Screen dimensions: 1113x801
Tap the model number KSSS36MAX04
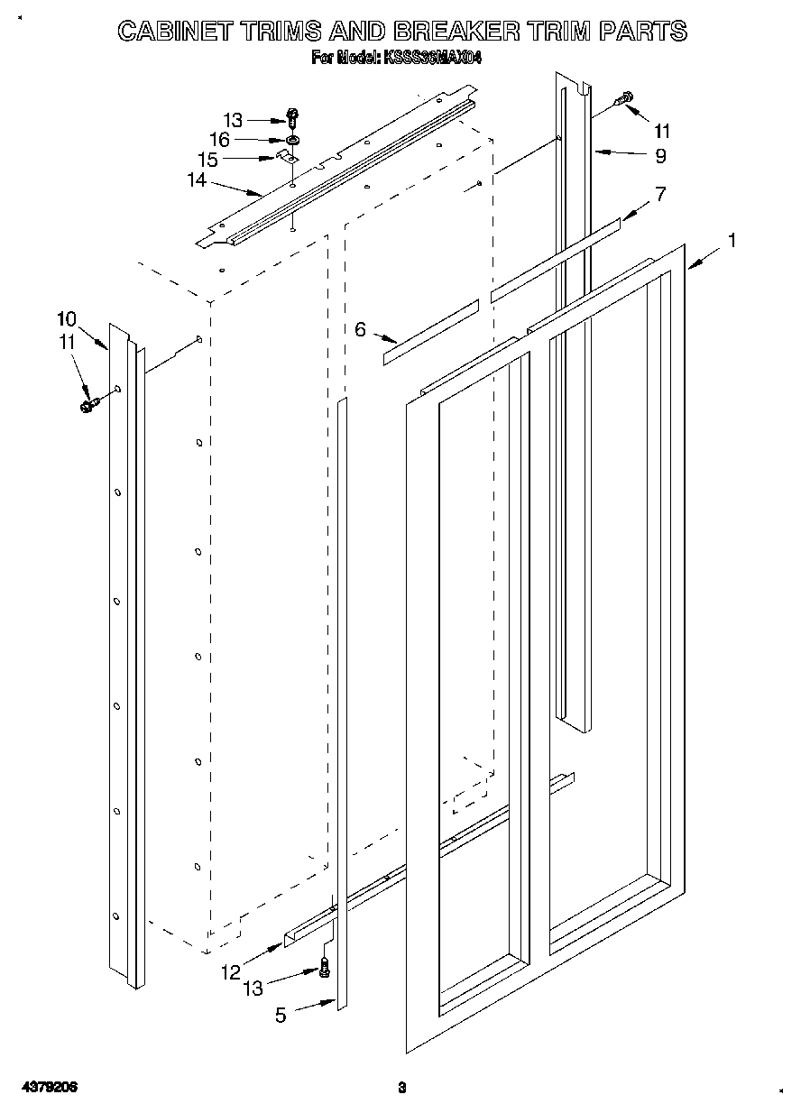point(435,58)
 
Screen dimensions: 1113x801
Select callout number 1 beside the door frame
point(732,240)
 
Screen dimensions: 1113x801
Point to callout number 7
point(660,193)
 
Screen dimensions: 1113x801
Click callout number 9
point(660,156)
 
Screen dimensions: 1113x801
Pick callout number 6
point(361,329)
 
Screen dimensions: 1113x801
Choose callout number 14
point(197,180)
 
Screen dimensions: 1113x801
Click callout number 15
point(208,160)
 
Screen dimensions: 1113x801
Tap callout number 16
point(219,140)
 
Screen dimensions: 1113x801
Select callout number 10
point(66,318)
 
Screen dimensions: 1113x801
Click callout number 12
point(230,972)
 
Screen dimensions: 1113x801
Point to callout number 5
point(281,1015)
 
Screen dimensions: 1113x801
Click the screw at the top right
point(624,99)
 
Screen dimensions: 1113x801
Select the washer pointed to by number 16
point(293,141)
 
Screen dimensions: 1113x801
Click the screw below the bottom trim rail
point(324,969)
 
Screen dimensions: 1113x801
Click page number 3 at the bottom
point(403,1089)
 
